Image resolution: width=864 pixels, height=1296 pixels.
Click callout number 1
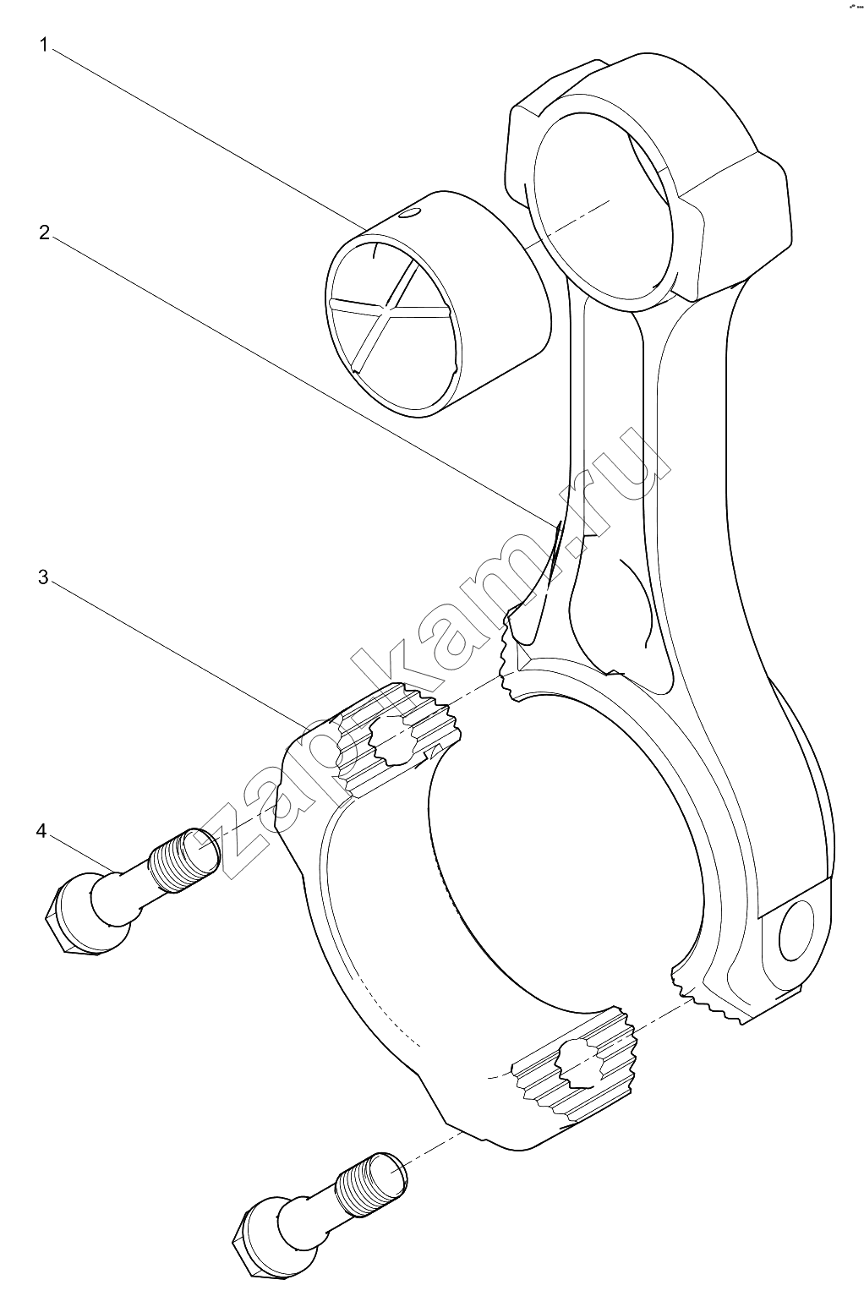point(44,45)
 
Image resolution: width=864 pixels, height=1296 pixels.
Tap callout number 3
point(43,577)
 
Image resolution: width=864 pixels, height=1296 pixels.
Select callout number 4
point(41,831)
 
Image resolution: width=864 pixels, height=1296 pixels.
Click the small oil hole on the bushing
point(407,214)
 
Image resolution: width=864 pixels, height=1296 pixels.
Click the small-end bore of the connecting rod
point(602,205)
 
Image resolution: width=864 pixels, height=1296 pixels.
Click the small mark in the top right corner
point(854,8)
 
